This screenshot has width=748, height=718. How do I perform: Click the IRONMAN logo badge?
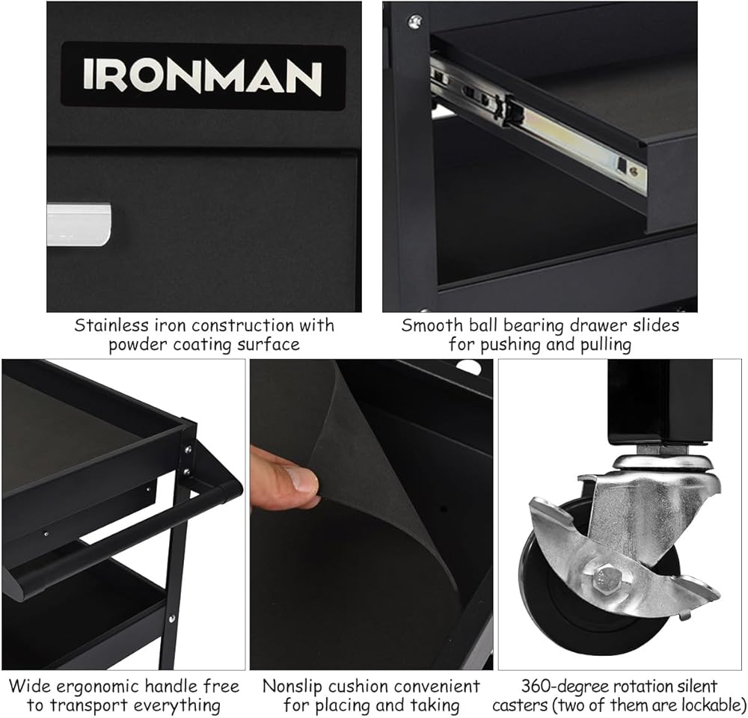click(x=203, y=76)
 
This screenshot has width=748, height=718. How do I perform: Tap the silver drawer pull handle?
click(x=79, y=224)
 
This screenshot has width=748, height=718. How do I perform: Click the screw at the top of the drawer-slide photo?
click(x=414, y=21)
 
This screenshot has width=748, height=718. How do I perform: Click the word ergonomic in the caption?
click(x=93, y=687)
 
